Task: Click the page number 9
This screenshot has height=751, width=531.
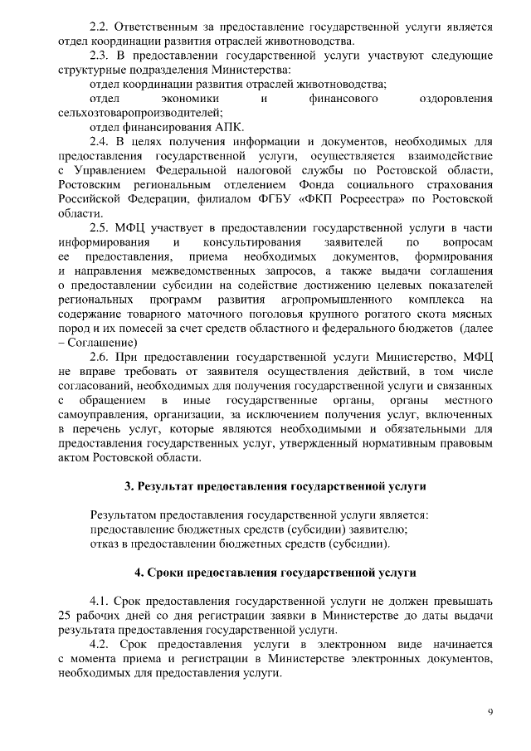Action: pyautogui.click(x=490, y=713)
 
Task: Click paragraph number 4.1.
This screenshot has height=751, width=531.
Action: pyautogui.click(x=100, y=600)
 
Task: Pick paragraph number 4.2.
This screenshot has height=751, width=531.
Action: pyautogui.click(x=100, y=643)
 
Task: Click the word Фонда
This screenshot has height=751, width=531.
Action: pyautogui.click(x=332, y=184)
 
